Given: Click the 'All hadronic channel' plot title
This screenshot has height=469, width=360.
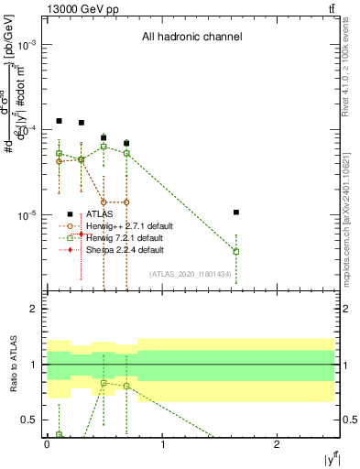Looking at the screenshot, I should click(191, 38).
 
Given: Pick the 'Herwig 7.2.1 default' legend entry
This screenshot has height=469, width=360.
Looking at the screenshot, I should click(124, 237).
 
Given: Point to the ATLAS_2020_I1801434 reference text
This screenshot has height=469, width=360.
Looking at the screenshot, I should click(189, 273).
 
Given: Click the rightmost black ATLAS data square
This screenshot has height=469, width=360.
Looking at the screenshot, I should click(236, 213).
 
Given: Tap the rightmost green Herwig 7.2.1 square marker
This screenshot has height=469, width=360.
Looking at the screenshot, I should click(236, 251).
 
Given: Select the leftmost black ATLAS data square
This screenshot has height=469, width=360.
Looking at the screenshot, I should click(59, 121).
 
